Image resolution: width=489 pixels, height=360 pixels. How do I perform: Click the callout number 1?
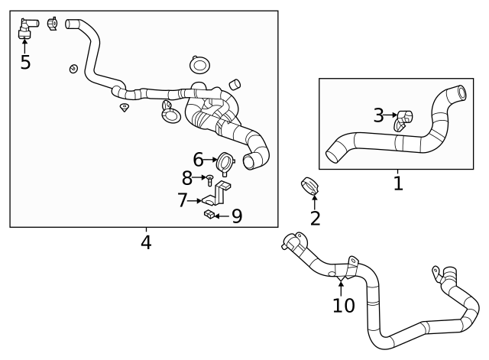pos(397,183)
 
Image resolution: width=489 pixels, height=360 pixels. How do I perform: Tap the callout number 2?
pos(315,219)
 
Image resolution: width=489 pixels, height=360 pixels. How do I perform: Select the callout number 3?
pos(379,115)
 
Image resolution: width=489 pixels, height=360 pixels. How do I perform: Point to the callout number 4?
pos(145,242)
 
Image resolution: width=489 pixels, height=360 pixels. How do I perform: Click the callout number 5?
pos(25,63)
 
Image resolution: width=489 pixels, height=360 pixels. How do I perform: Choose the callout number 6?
pos(198,160)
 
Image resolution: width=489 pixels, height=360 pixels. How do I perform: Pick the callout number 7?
pos(183,200)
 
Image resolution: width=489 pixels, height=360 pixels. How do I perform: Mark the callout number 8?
pos(187,179)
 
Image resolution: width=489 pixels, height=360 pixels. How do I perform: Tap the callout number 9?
pos(236,217)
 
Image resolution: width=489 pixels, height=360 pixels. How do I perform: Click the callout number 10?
pos(344,306)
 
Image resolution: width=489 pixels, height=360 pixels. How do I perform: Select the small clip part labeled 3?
pos(403,118)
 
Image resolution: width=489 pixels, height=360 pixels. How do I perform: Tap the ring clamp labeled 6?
pos(225,162)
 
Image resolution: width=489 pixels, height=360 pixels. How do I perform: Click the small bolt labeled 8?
pos(209,180)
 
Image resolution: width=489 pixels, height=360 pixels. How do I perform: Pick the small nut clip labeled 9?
pos(209,216)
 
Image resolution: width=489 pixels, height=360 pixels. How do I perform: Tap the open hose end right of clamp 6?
pos(251,161)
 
